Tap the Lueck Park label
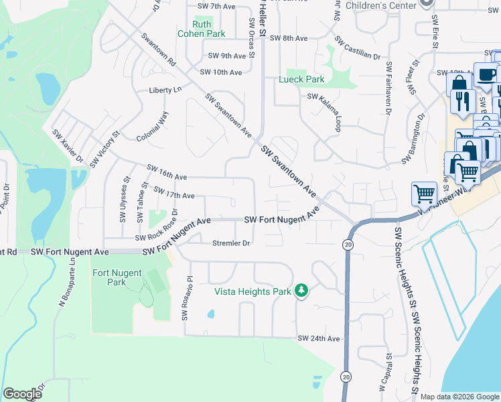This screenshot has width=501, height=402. pyautogui.click(x=301, y=79)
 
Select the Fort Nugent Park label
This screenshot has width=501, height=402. pyautogui.click(x=109, y=277)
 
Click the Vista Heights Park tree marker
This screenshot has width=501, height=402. pyautogui.click(x=301, y=291)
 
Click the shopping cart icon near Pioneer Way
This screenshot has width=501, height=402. pyautogui.click(x=424, y=194)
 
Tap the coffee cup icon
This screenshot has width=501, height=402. pyautogui.click(x=486, y=74)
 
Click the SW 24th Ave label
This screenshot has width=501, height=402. pyautogui.click(x=319, y=338)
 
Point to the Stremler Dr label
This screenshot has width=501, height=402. pyautogui.click(x=231, y=243)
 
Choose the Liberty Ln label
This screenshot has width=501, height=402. pyautogui.click(x=165, y=89)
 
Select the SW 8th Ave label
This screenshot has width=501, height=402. pyautogui.click(x=288, y=38)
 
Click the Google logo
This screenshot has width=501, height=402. pyautogui.click(x=22, y=394)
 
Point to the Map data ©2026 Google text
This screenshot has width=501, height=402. pyautogui.click(x=459, y=397)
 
